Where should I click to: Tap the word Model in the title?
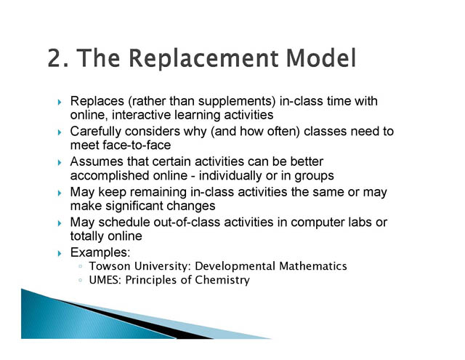(321, 57)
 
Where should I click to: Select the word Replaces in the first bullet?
(97, 101)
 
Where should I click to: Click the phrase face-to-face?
(137, 145)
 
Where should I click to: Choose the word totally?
(87, 236)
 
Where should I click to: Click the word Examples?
(100, 252)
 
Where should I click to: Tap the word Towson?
(110, 266)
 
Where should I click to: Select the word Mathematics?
(313, 266)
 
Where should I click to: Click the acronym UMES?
(105, 280)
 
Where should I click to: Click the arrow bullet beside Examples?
(60, 253)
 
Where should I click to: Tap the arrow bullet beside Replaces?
(60, 102)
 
